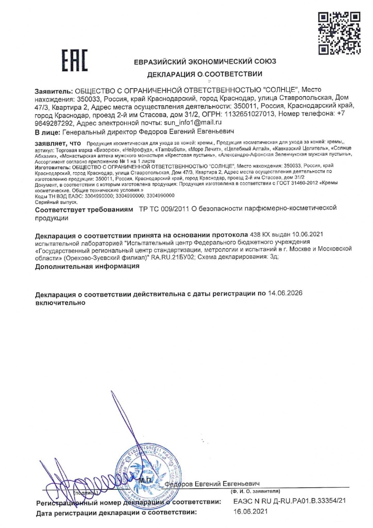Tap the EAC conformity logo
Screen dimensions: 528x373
pos(75,60)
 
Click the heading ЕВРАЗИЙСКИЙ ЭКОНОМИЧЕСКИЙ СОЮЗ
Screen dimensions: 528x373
pos(205,61)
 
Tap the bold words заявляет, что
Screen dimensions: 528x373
pos(58,142)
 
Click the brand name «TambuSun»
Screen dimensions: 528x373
pos(169,148)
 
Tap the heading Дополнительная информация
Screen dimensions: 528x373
pos(88,267)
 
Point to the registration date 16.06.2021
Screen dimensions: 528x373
pos(250,512)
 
